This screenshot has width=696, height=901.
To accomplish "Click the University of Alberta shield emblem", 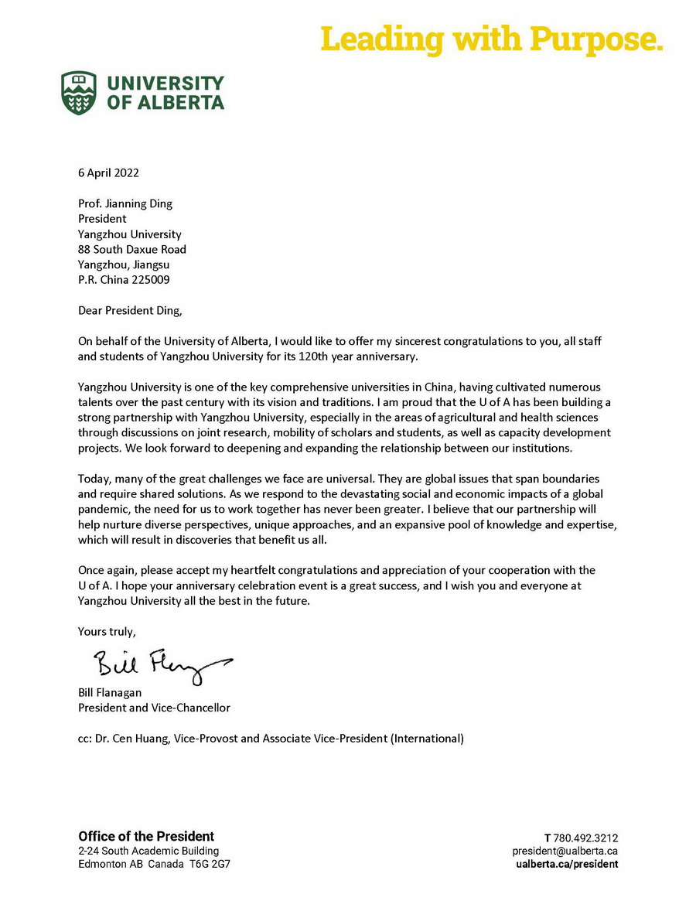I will [x=79, y=93].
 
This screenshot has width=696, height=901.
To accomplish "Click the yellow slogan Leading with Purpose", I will [x=492, y=38].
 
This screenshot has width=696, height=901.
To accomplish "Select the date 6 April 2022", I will [x=108, y=173].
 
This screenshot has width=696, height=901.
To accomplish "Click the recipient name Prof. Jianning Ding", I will [x=125, y=204].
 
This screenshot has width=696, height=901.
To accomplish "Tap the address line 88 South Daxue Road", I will [x=132, y=249].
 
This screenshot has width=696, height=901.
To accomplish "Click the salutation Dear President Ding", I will [x=132, y=310].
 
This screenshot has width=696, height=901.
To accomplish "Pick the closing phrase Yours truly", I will [x=107, y=631].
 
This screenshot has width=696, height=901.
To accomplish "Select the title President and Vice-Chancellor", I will [x=154, y=708].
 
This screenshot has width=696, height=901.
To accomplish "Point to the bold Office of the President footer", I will [x=146, y=836].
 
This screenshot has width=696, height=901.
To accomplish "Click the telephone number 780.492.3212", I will [x=585, y=838].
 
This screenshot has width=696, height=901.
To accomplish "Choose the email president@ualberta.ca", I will [x=565, y=851].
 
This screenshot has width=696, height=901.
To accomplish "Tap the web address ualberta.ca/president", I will [x=567, y=864].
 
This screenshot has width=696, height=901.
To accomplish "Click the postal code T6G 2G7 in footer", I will [x=210, y=864].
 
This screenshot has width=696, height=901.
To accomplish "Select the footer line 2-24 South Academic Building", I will [x=148, y=851].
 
